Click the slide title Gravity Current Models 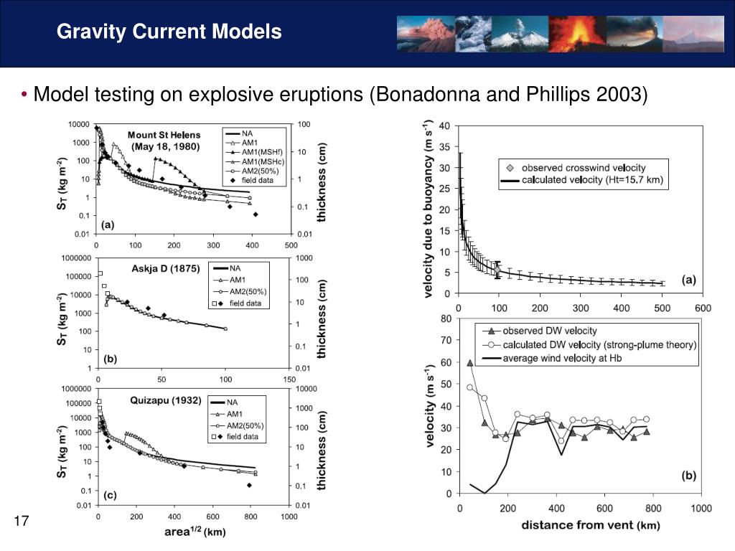click(x=169, y=32)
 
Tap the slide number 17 click(x=21, y=521)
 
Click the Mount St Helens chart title click(x=164, y=140)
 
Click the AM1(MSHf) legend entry click(x=262, y=152)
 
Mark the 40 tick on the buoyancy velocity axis click(x=444, y=126)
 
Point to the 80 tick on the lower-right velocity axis click(x=446, y=319)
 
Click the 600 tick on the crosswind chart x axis click(x=702, y=309)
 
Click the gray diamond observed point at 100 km click(x=498, y=270)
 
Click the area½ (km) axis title click(x=194, y=532)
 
